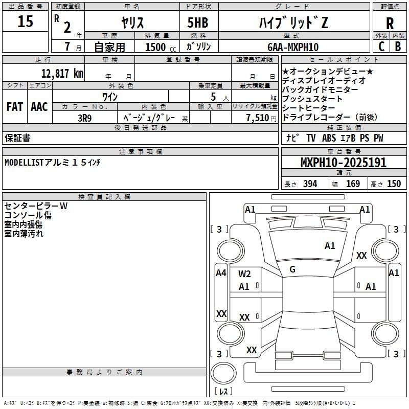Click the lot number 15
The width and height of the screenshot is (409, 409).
click(x=25, y=21)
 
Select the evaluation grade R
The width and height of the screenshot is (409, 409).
click(x=390, y=24)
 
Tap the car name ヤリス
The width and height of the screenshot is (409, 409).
click(x=132, y=22)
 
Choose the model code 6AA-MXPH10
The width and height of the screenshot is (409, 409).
click(x=293, y=47)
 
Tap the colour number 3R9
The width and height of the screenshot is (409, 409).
click(x=84, y=117)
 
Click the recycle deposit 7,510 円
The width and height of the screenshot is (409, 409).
click(x=254, y=118)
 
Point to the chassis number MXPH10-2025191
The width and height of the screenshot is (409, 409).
click(x=343, y=163)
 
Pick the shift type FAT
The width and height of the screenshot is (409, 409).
click(x=14, y=107)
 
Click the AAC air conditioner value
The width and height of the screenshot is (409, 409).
click(x=39, y=107)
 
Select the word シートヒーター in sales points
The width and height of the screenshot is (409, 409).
click(x=308, y=108)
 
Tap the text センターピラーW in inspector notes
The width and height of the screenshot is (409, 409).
click(x=36, y=206)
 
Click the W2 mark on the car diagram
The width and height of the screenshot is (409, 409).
click(x=244, y=274)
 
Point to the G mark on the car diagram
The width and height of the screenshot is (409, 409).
click(x=292, y=269)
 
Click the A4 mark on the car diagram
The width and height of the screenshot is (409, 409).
click(x=221, y=273)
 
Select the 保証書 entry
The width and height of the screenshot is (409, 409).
click(x=17, y=138)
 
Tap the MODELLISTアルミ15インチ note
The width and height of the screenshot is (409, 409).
click(x=53, y=163)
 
